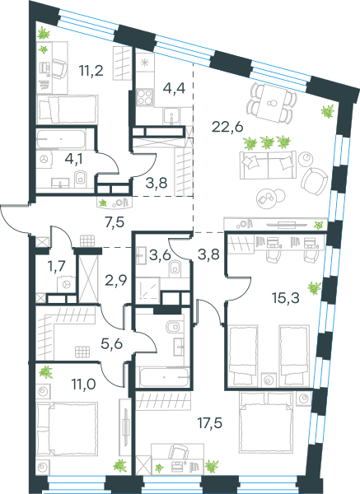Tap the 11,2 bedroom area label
(x=91, y=71)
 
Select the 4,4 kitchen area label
(x=174, y=88)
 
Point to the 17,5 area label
(x=210, y=423)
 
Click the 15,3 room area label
(x=286, y=297)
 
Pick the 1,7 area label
(x=56, y=266)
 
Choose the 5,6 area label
(x=111, y=343)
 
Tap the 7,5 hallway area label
(x=115, y=222)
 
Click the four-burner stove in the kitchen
(x=145, y=96)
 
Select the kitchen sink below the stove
(x=171, y=115)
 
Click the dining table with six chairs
(x=272, y=102)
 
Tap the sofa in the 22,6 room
(x=268, y=165)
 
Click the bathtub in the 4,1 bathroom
(x=61, y=138)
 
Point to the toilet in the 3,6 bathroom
(x=175, y=268)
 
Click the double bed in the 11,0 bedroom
(x=67, y=428)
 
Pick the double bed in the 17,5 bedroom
(x=267, y=422)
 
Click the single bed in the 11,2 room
(x=68, y=110)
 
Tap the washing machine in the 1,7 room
(x=66, y=285)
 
